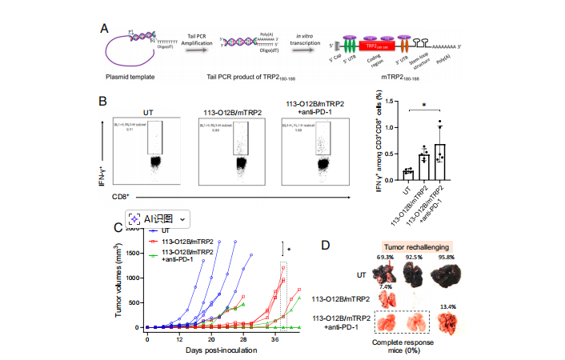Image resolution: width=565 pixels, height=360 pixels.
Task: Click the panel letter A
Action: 104,29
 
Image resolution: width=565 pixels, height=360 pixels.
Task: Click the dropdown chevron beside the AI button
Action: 184,218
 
